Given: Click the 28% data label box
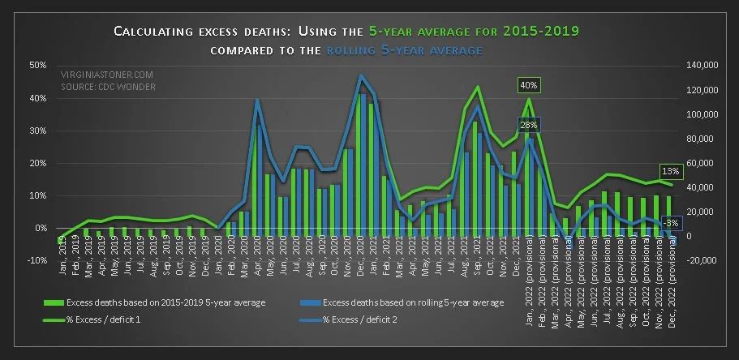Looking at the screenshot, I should point(529,124).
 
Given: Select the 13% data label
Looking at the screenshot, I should point(670,171).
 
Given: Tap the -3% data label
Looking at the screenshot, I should point(670,223).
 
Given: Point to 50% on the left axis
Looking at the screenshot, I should point(37,65).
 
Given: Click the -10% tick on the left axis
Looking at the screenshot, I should point(37,260).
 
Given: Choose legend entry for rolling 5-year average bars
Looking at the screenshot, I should point(414,302).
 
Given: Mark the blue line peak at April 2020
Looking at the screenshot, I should point(256,100).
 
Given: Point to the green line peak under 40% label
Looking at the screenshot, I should point(529,99).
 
